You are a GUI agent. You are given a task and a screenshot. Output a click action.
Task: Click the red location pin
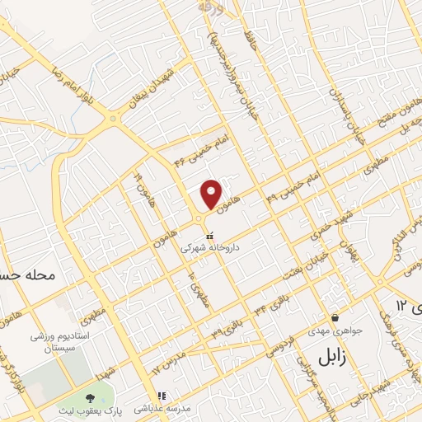(212, 193)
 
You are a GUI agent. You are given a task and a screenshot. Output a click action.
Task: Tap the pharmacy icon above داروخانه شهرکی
(208, 235)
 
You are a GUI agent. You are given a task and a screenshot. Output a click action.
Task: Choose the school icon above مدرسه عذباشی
(162, 396)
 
